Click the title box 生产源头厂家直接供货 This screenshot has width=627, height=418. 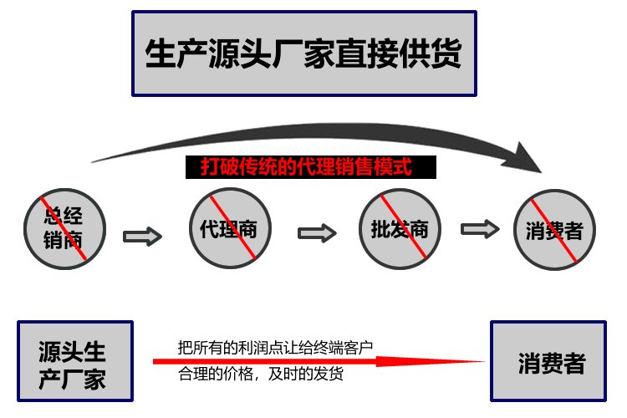click(304, 54)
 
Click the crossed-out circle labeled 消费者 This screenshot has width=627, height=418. click(554, 229)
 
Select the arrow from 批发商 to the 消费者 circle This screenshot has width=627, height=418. click(480, 227)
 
